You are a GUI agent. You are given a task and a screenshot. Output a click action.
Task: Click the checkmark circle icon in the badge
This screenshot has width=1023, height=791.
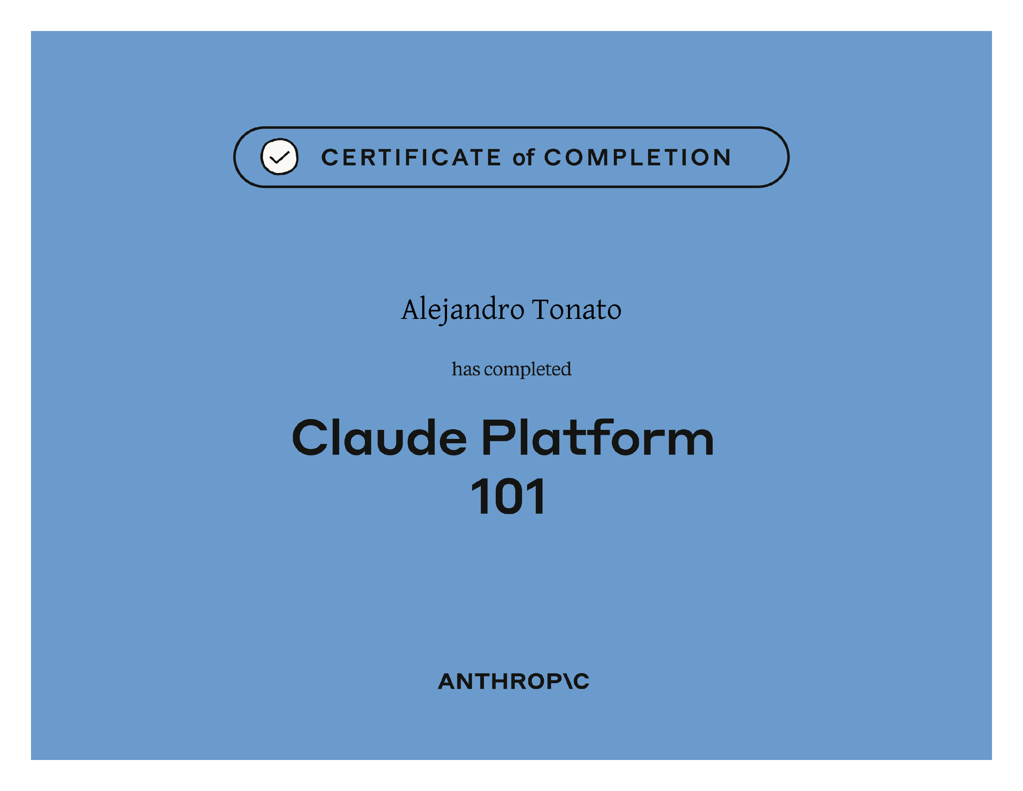point(279,157)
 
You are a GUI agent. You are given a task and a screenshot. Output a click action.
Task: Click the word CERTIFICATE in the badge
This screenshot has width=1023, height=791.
point(411,158)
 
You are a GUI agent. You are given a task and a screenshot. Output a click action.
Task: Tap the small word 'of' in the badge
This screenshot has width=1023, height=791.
point(523,158)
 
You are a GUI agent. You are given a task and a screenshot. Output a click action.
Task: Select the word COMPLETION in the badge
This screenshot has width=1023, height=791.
point(637,158)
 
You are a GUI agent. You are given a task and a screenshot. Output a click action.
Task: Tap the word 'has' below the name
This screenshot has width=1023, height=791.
point(466,369)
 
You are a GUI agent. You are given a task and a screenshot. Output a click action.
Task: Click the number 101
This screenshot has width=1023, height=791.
point(508,496)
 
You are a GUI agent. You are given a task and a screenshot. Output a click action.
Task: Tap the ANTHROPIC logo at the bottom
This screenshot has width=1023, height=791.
point(513,682)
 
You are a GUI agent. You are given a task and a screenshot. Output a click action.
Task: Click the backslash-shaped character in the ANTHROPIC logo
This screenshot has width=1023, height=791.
point(568,682)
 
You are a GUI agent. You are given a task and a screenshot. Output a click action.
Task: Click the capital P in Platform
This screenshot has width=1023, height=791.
point(498,438)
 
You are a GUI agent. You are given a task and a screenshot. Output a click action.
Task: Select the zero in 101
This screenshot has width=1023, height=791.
point(508,496)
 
